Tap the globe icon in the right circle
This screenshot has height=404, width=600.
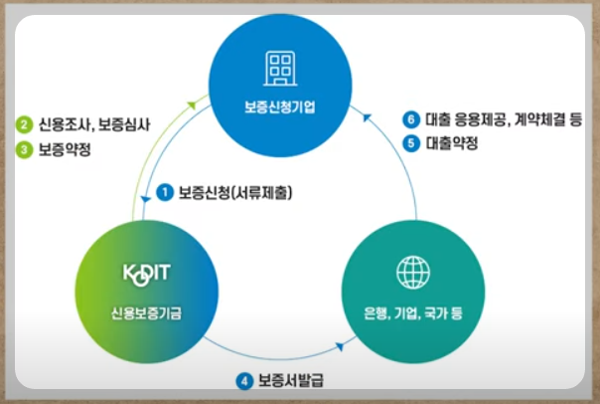pyautogui.click(x=410, y=272)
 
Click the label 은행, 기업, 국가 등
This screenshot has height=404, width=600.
pyautogui.click(x=410, y=312)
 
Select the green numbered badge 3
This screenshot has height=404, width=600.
pyautogui.click(x=23, y=149)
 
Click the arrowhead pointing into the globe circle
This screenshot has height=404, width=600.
pyautogui.click(x=342, y=346)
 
